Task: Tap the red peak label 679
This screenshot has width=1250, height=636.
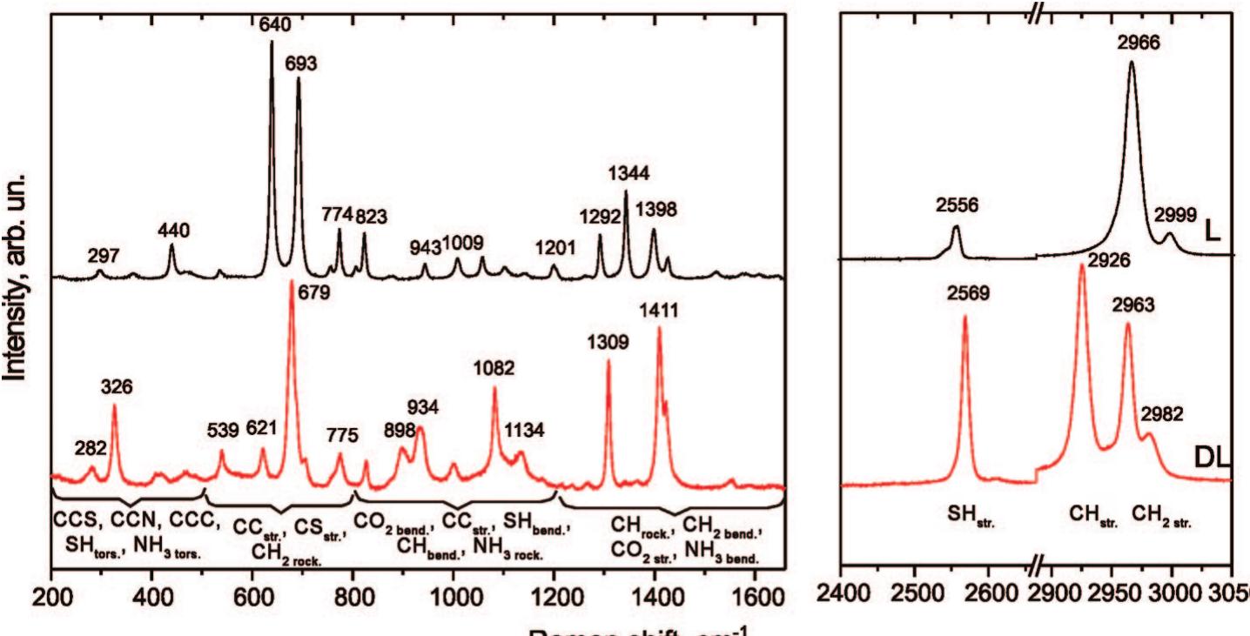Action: pos(313,294)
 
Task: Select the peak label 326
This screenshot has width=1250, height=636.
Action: pos(116,386)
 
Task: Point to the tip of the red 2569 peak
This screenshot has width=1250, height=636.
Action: pos(965,317)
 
